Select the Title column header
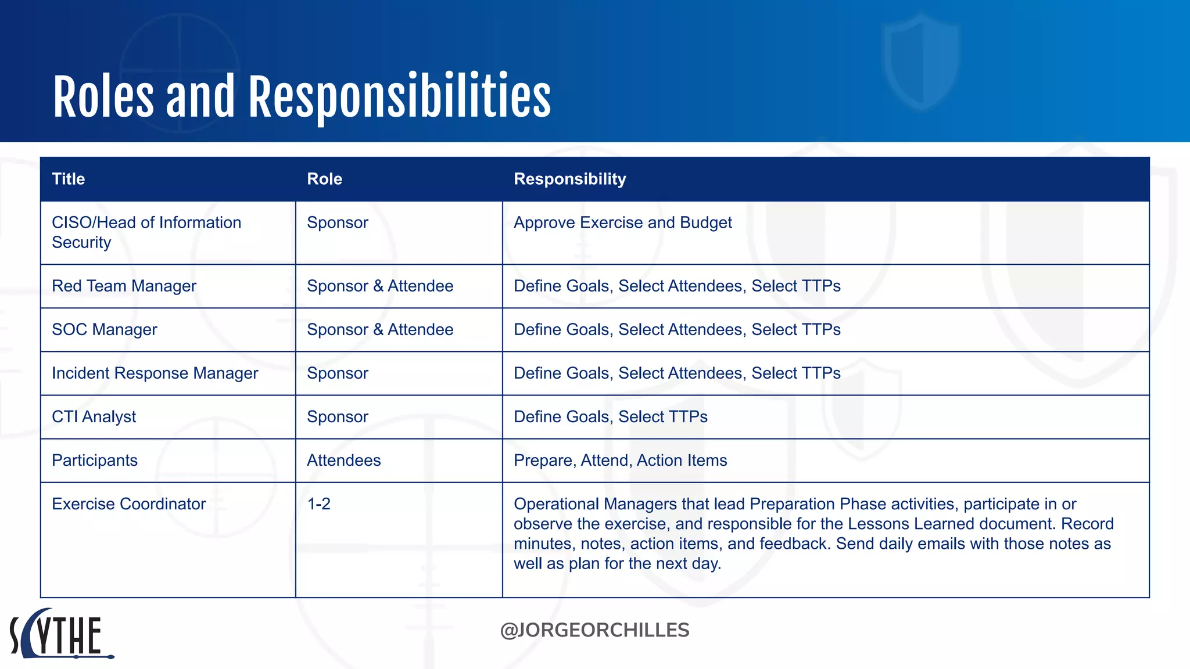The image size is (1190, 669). pos(69,179)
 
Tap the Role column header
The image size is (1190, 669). pos(324,179)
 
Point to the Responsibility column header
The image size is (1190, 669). pos(569,179)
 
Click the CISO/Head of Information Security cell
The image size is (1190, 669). pos(146,232)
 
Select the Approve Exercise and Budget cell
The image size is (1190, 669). pos(622,223)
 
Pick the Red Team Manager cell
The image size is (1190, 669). pos(124,286)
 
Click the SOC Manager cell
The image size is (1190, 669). pos(105,330)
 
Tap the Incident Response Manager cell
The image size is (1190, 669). pos(155,373)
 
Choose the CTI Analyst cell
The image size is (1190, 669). pos(94,417)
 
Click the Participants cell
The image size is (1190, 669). pos(95,461)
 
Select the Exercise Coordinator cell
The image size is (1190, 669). pos(128,504)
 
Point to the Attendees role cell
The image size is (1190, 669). pos(343,461)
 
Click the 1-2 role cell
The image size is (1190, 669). pos(318,504)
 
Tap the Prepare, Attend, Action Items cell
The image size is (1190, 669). pos(620,461)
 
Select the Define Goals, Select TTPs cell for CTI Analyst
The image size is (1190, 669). pos(610,417)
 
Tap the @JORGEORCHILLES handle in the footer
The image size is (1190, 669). pos(594,630)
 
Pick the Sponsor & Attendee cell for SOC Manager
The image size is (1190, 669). pos(380,330)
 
